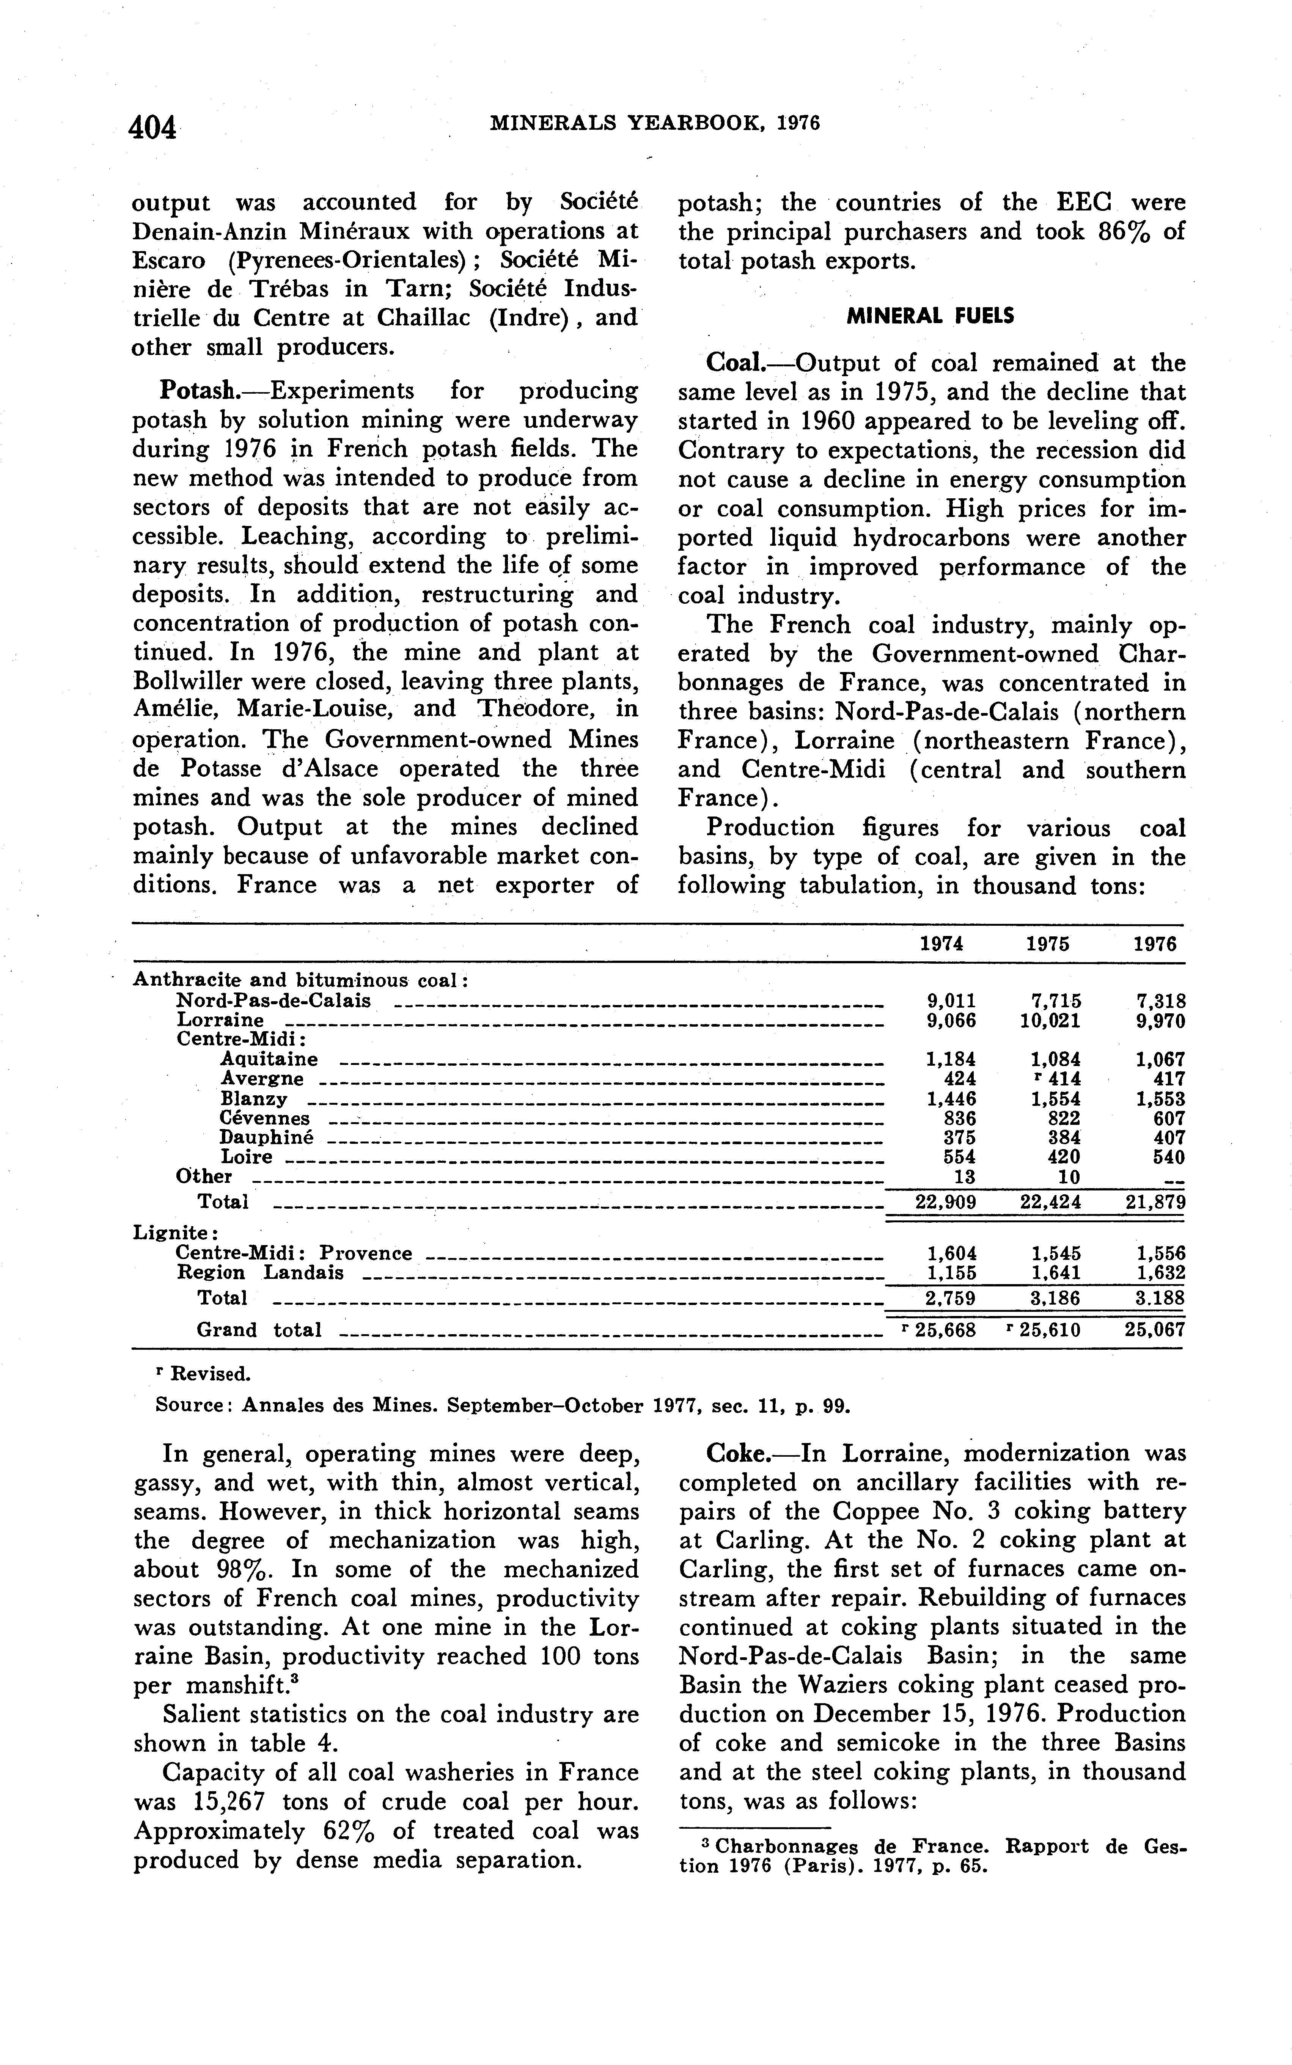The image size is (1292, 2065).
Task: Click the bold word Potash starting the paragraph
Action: (198, 391)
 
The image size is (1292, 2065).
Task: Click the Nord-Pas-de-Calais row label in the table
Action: (273, 1000)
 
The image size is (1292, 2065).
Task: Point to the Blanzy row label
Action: (254, 1099)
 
